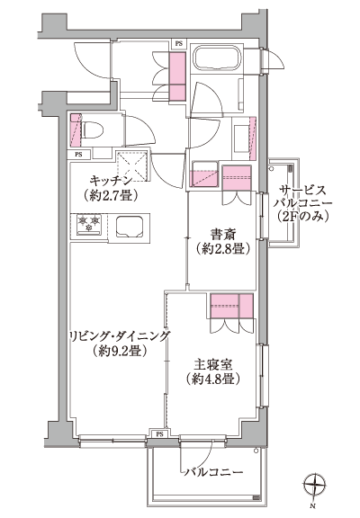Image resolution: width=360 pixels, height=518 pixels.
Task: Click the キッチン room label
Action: (108, 179)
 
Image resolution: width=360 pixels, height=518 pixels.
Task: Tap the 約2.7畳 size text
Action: (108, 193)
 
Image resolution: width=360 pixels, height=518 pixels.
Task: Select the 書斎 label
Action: (222, 235)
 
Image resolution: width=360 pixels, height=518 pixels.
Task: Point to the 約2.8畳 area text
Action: (222, 249)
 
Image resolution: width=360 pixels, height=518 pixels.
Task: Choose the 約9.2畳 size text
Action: (118, 351)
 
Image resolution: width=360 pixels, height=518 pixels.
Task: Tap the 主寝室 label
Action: (212, 366)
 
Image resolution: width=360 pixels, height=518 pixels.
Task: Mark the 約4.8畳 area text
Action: (212, 380)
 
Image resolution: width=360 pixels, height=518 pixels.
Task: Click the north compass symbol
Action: (312, 487)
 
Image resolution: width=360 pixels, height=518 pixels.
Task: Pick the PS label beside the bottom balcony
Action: (160, 434)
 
